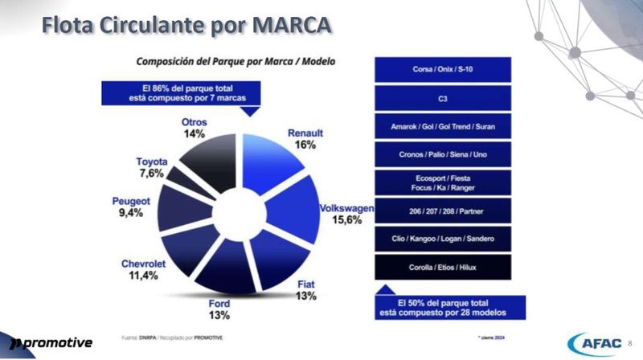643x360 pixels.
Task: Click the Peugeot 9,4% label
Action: pyautogui.click(x=133, y=207)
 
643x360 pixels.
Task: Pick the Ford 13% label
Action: pyautogui.click(x=219, y=309)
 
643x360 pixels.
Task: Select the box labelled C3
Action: pyautogui.click(x=443, y=98)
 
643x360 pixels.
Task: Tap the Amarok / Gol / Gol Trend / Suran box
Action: pyautogui.click(x=443, y=127)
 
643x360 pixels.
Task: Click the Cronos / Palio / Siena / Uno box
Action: pyautogui.click(x=443, y=154)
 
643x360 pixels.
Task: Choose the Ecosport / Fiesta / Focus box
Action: pyautogui.click(x=443, y=182)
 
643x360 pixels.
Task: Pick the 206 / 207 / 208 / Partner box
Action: pyautogui.click(x=443, y=211)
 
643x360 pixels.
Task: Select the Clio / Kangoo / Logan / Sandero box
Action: pyautogui.click(x=443, y=239)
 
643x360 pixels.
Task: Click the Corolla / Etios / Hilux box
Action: pyautogui.click(x=443, y=267)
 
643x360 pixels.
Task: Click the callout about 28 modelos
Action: pyautogui.click(x=449, y=307)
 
